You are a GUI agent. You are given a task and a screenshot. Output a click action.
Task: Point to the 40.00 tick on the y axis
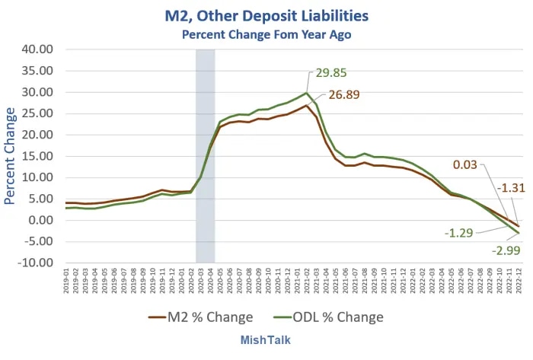click(x=37, y=49)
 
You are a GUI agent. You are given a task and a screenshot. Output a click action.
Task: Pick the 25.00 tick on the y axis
click(x=37, y=113)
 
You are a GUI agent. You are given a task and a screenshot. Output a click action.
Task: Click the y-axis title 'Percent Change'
click(x=11, y=156)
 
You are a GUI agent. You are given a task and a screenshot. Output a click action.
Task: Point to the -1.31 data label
click(x=511, y=187)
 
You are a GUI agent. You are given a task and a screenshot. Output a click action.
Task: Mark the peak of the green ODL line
click(x=306, y=93)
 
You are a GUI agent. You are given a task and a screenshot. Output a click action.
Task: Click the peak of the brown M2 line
click(x=306, y=106)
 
